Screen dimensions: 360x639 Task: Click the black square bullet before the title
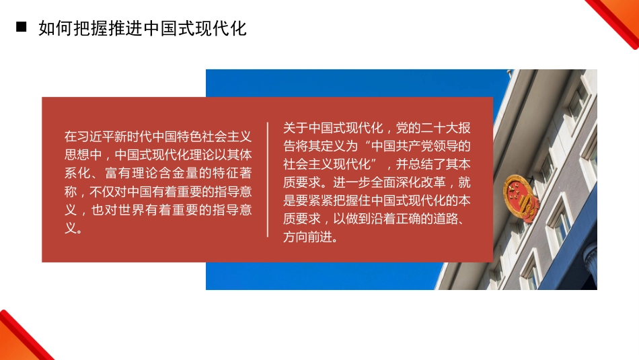21,28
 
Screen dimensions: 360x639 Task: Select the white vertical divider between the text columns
268,180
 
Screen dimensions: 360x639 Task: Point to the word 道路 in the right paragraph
447,219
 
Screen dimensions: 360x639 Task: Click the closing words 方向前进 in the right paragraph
308,238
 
